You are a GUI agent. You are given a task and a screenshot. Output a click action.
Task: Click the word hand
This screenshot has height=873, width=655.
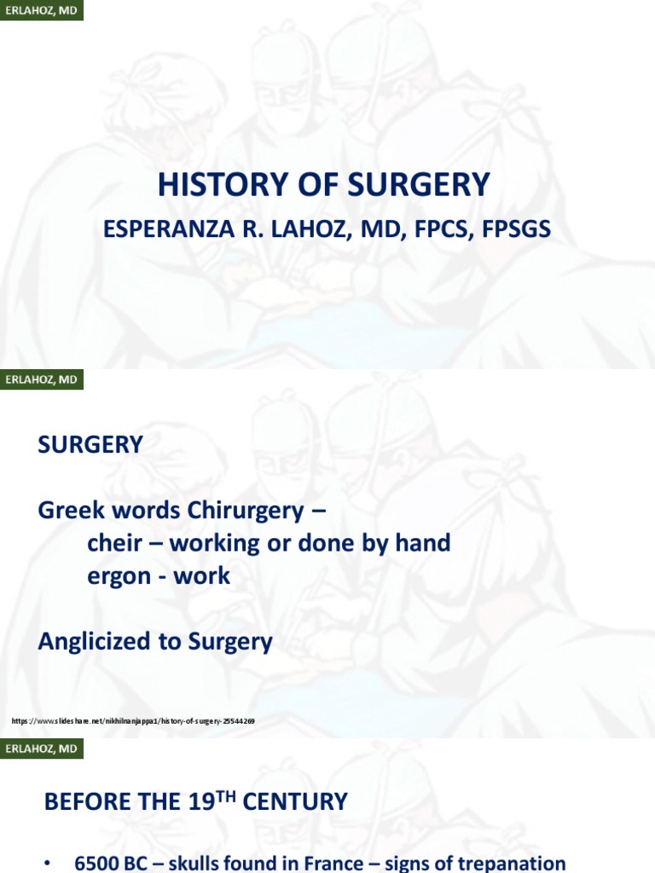click(423, 543)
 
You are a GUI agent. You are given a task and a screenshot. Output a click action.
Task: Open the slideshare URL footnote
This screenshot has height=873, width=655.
click(133, 721)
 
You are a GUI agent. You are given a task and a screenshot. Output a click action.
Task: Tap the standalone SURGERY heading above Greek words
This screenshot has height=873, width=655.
click(90, 444)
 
